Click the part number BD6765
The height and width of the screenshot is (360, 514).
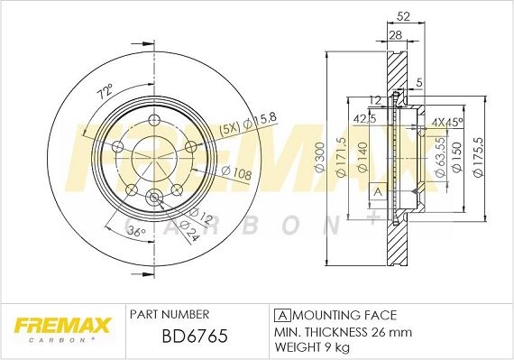tap(195, 336)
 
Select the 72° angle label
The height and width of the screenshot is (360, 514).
tap(105, 91)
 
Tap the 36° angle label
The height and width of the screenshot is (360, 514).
tap(136, 232)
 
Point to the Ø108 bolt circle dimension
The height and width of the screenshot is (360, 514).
tap(236, 173)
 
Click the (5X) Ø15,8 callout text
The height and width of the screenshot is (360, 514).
tap(248, 124)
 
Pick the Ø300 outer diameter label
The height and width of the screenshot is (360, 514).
tap(320, 157)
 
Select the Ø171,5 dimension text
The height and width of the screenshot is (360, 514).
tap(342, 157)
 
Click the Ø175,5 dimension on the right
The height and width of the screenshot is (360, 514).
tap(479, 157)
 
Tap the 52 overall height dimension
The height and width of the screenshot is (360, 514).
tap(403, 16)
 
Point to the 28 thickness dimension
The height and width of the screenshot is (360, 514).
tap(396, 35)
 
